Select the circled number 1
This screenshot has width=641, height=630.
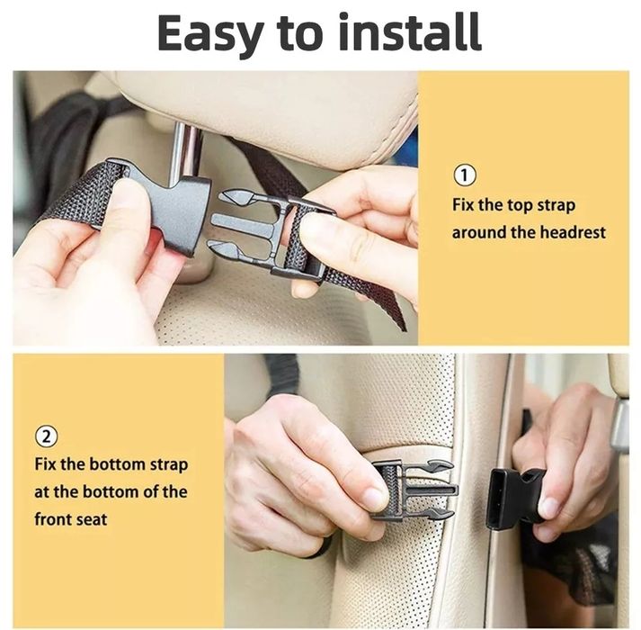(x=465, y=175)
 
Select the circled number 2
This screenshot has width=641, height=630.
(x=46, y=436)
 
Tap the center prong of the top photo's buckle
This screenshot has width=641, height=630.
(x=242, y=224)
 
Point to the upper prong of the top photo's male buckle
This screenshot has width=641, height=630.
(x=237, y=198)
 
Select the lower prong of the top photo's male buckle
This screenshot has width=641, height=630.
(x=228, y=250)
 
